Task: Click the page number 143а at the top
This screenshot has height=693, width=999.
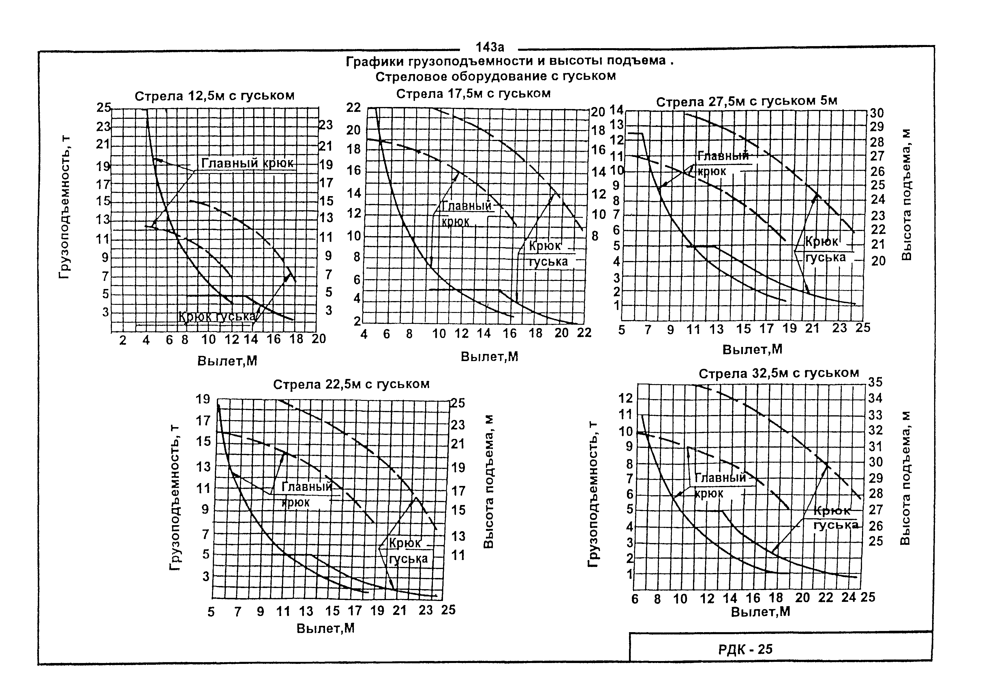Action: point(489,47)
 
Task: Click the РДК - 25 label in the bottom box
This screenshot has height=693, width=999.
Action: point(745,649)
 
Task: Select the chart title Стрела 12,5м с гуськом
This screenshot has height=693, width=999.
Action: point(215,96)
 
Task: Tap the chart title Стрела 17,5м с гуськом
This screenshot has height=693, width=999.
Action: point(473,94)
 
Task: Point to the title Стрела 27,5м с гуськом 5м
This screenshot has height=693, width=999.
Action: point(746,102)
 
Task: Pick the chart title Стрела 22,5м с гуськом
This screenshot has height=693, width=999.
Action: point(351,384)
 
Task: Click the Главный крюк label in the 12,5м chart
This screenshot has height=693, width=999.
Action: point(247,163)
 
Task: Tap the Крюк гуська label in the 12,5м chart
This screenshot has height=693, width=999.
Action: point(217,317)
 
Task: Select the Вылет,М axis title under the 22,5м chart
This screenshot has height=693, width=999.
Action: point(326,628)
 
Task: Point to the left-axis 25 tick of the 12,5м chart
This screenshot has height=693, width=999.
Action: point(104,107)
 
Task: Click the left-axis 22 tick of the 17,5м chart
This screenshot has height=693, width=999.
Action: point(354,107)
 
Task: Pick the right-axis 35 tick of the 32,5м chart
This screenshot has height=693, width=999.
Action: point(875,382)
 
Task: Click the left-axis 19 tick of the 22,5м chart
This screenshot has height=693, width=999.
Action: point(203,399)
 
